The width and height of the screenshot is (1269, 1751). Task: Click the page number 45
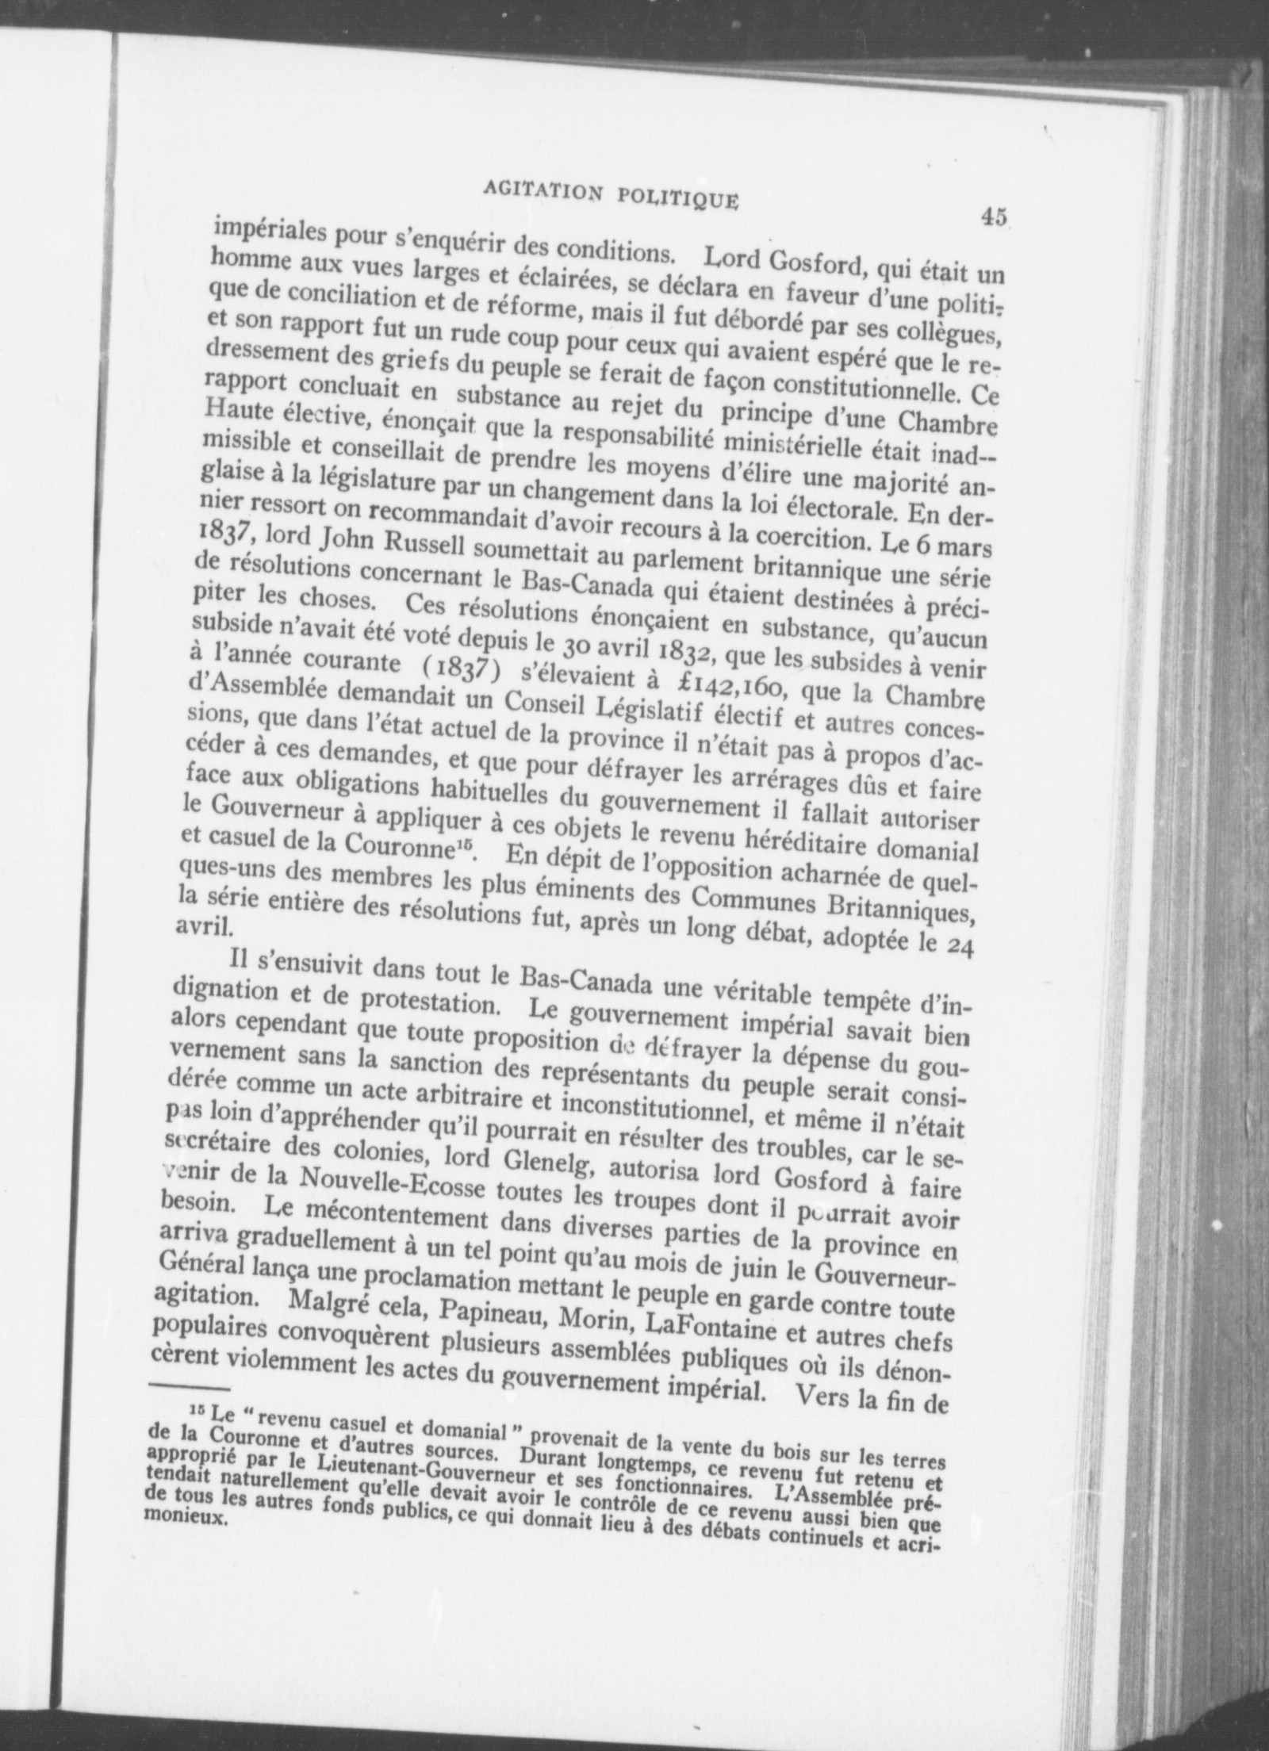(993, 216)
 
